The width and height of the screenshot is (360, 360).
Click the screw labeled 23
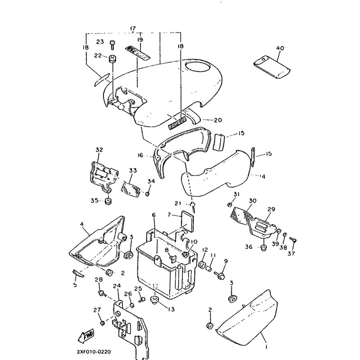pyautogui.click(x=112, y=44)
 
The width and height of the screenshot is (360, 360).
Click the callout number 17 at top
pyautogui.click(x=133, y=29)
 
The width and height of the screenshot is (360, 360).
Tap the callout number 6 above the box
pyautogui.click(x=153, y=216)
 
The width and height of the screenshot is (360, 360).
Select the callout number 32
pyautogui.click(x=99, y=150)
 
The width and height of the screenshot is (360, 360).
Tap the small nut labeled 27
pyautogui.click(x=103, y=322)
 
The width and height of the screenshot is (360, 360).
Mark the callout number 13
pyautogui.click(x=171, y=309)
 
